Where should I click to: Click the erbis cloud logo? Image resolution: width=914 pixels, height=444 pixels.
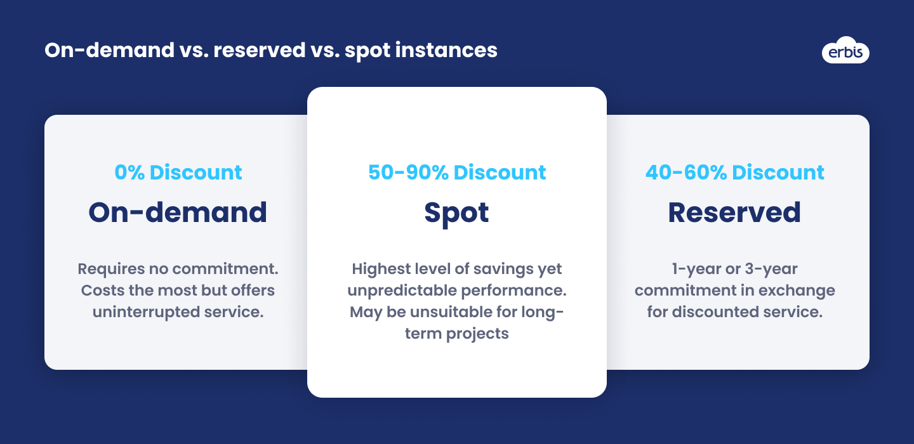[845, 50]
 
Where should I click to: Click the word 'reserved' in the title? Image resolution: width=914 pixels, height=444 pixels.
[260, 50]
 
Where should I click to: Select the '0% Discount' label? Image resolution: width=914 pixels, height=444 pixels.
[178, 172]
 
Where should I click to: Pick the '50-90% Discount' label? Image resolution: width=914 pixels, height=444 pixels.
[457, 172]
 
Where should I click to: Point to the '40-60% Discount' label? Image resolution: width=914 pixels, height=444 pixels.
[734, 172]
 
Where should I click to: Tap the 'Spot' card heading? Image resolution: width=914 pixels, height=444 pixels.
[456, 214]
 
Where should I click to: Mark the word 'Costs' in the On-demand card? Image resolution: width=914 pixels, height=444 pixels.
[103, 291]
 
